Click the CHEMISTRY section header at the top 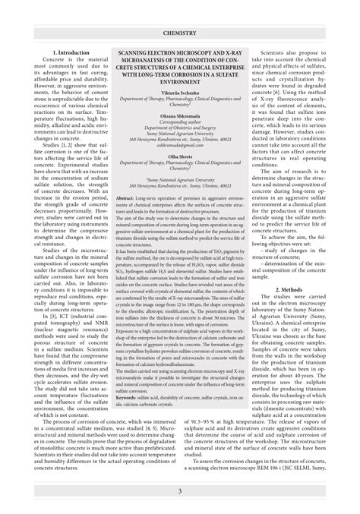(179, 33)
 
